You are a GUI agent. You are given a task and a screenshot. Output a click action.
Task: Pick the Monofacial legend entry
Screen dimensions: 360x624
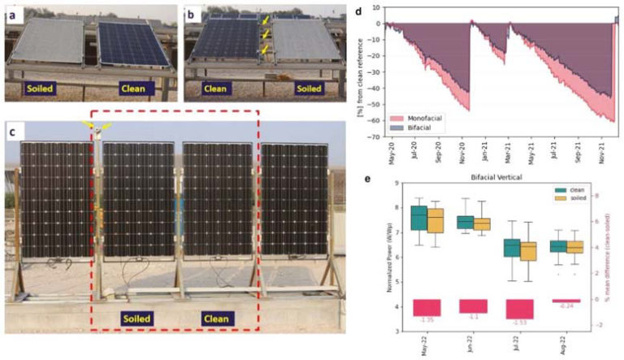pyautogui.click(x=416, y=117)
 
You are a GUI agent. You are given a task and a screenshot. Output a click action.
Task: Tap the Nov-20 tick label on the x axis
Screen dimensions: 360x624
pyautogui.click(x=464, y=154)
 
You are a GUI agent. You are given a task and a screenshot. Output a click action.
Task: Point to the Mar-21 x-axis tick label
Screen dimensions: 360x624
pyautogui.click(x=509, y=154)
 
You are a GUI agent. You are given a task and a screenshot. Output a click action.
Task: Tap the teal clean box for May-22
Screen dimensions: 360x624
pyautogui.click(x=418, y=218)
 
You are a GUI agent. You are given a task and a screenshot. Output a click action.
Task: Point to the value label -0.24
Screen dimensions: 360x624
pyautogui.click(x=565, y=306)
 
